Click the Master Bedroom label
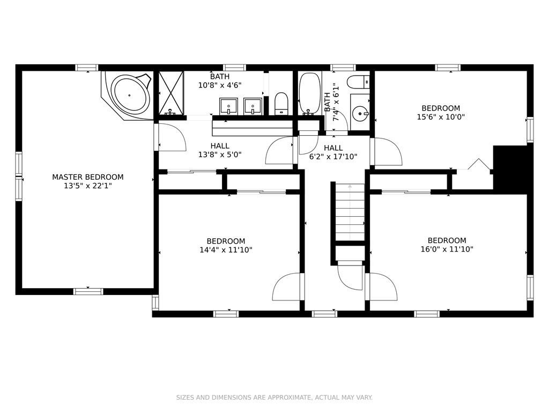tap(87, 177)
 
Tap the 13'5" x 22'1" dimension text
tap(87, 186)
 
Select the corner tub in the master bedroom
tap(128, 95)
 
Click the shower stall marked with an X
tap(171, 93)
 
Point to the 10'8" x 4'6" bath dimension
tap(220, 85)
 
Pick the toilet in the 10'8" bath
tap(281, 104)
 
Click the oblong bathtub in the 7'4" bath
tap(310, 94)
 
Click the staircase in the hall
tap(350, 211)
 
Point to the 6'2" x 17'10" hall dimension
tap(333, 157)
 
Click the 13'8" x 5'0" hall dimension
tap(220, 154)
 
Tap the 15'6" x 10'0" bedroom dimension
tap(441, 117)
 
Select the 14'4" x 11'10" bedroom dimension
tap(226, 250)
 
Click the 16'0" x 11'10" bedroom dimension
tap(447, 249)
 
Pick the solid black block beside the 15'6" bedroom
tap(510, 167)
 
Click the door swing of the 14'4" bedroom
tap(286, 286)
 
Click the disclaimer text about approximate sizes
tap(274, 398)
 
